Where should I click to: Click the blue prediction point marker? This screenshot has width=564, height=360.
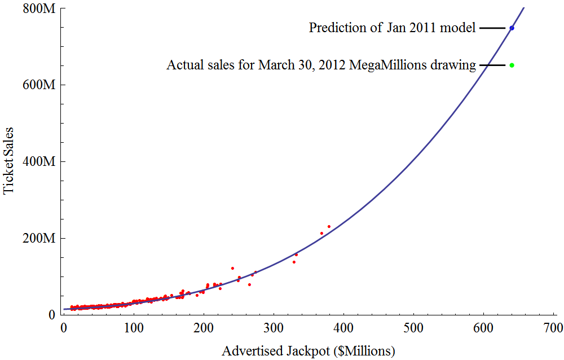point(512,28)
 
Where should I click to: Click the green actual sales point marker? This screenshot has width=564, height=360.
point(512,65)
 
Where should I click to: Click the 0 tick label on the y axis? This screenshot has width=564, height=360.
point(51,315)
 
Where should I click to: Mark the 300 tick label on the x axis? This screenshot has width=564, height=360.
point(274,328)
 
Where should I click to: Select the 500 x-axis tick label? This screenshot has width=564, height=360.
point(414,328)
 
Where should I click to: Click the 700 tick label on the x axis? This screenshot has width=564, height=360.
point(554,328)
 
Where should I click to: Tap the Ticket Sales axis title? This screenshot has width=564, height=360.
point(9,161)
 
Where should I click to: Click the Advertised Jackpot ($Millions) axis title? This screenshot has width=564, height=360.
point(308,351)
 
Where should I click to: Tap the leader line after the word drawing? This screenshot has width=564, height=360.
point(492,65)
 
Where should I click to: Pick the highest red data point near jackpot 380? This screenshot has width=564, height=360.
point(329,226)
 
